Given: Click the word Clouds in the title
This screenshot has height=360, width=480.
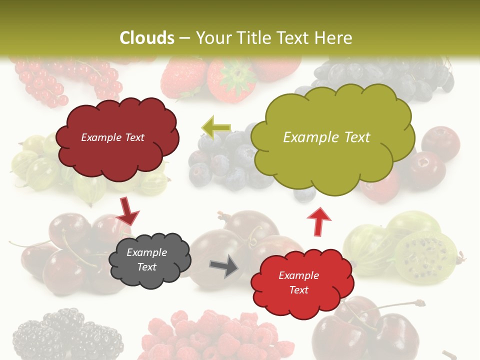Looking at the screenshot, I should (x=147, y=38).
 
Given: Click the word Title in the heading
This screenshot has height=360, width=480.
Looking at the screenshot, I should (x=256, y=38).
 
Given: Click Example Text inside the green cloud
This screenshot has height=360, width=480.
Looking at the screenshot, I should (x=326, y=137).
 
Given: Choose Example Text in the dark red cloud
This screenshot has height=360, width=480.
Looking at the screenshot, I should (x=112, y=137).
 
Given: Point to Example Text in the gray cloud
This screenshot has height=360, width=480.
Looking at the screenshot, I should (x=146, y=260).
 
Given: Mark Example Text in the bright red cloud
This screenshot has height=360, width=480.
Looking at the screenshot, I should (x=298, y=282).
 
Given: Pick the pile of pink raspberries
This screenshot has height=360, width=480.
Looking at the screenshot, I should (x=215, y=335).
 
